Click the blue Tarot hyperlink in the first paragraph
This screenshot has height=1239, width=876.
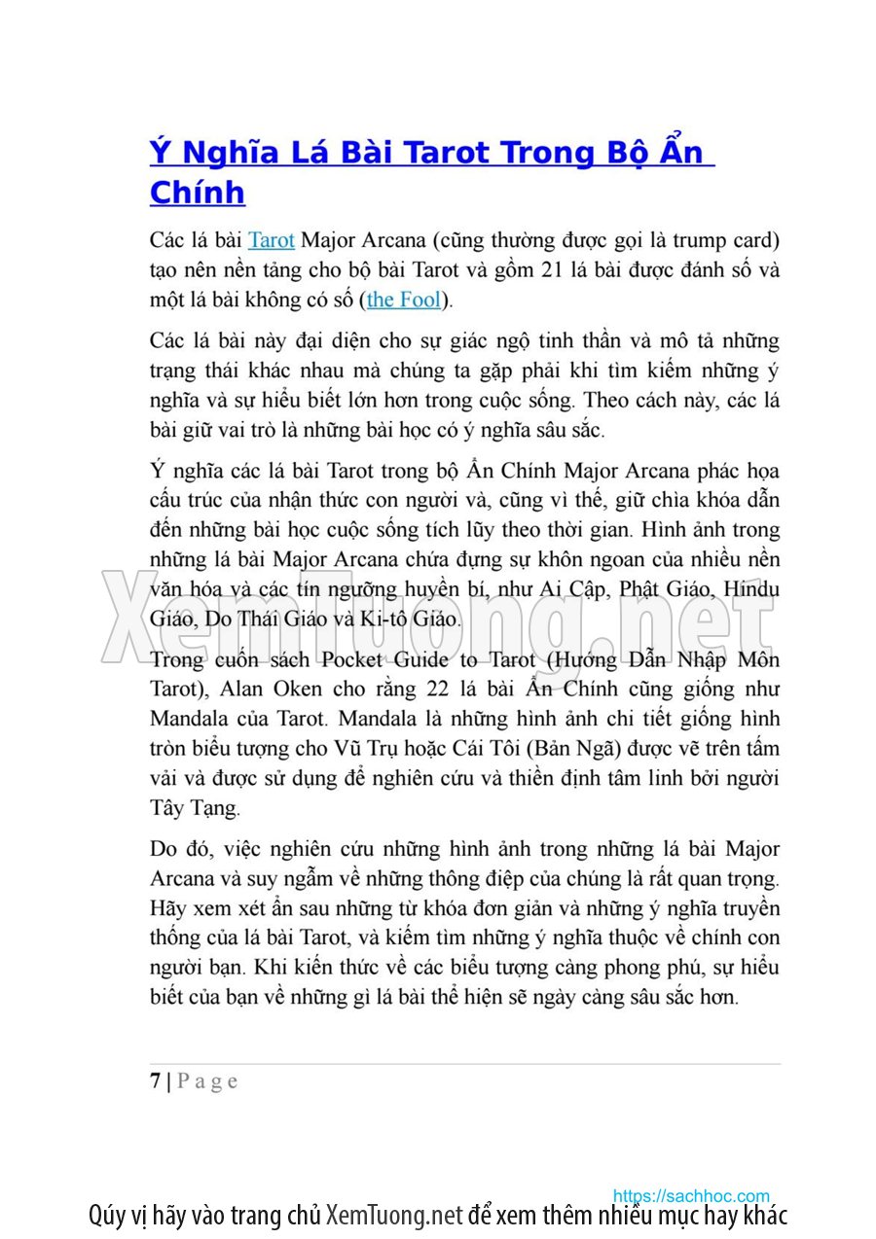[272, 240]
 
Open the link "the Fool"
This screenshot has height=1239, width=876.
[404, 300]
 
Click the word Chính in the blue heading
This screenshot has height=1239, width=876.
[197, 193]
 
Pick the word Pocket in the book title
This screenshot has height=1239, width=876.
[353, 660]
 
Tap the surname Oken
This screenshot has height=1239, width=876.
[303, 690]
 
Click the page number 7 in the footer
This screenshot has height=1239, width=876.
[156, 1081]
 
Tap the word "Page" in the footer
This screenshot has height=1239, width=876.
[206, 1081]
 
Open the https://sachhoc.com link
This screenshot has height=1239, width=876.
[691, 1196]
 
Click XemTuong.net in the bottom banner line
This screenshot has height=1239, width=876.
[393, 1216]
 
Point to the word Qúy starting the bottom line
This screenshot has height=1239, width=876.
[110, 1216]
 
